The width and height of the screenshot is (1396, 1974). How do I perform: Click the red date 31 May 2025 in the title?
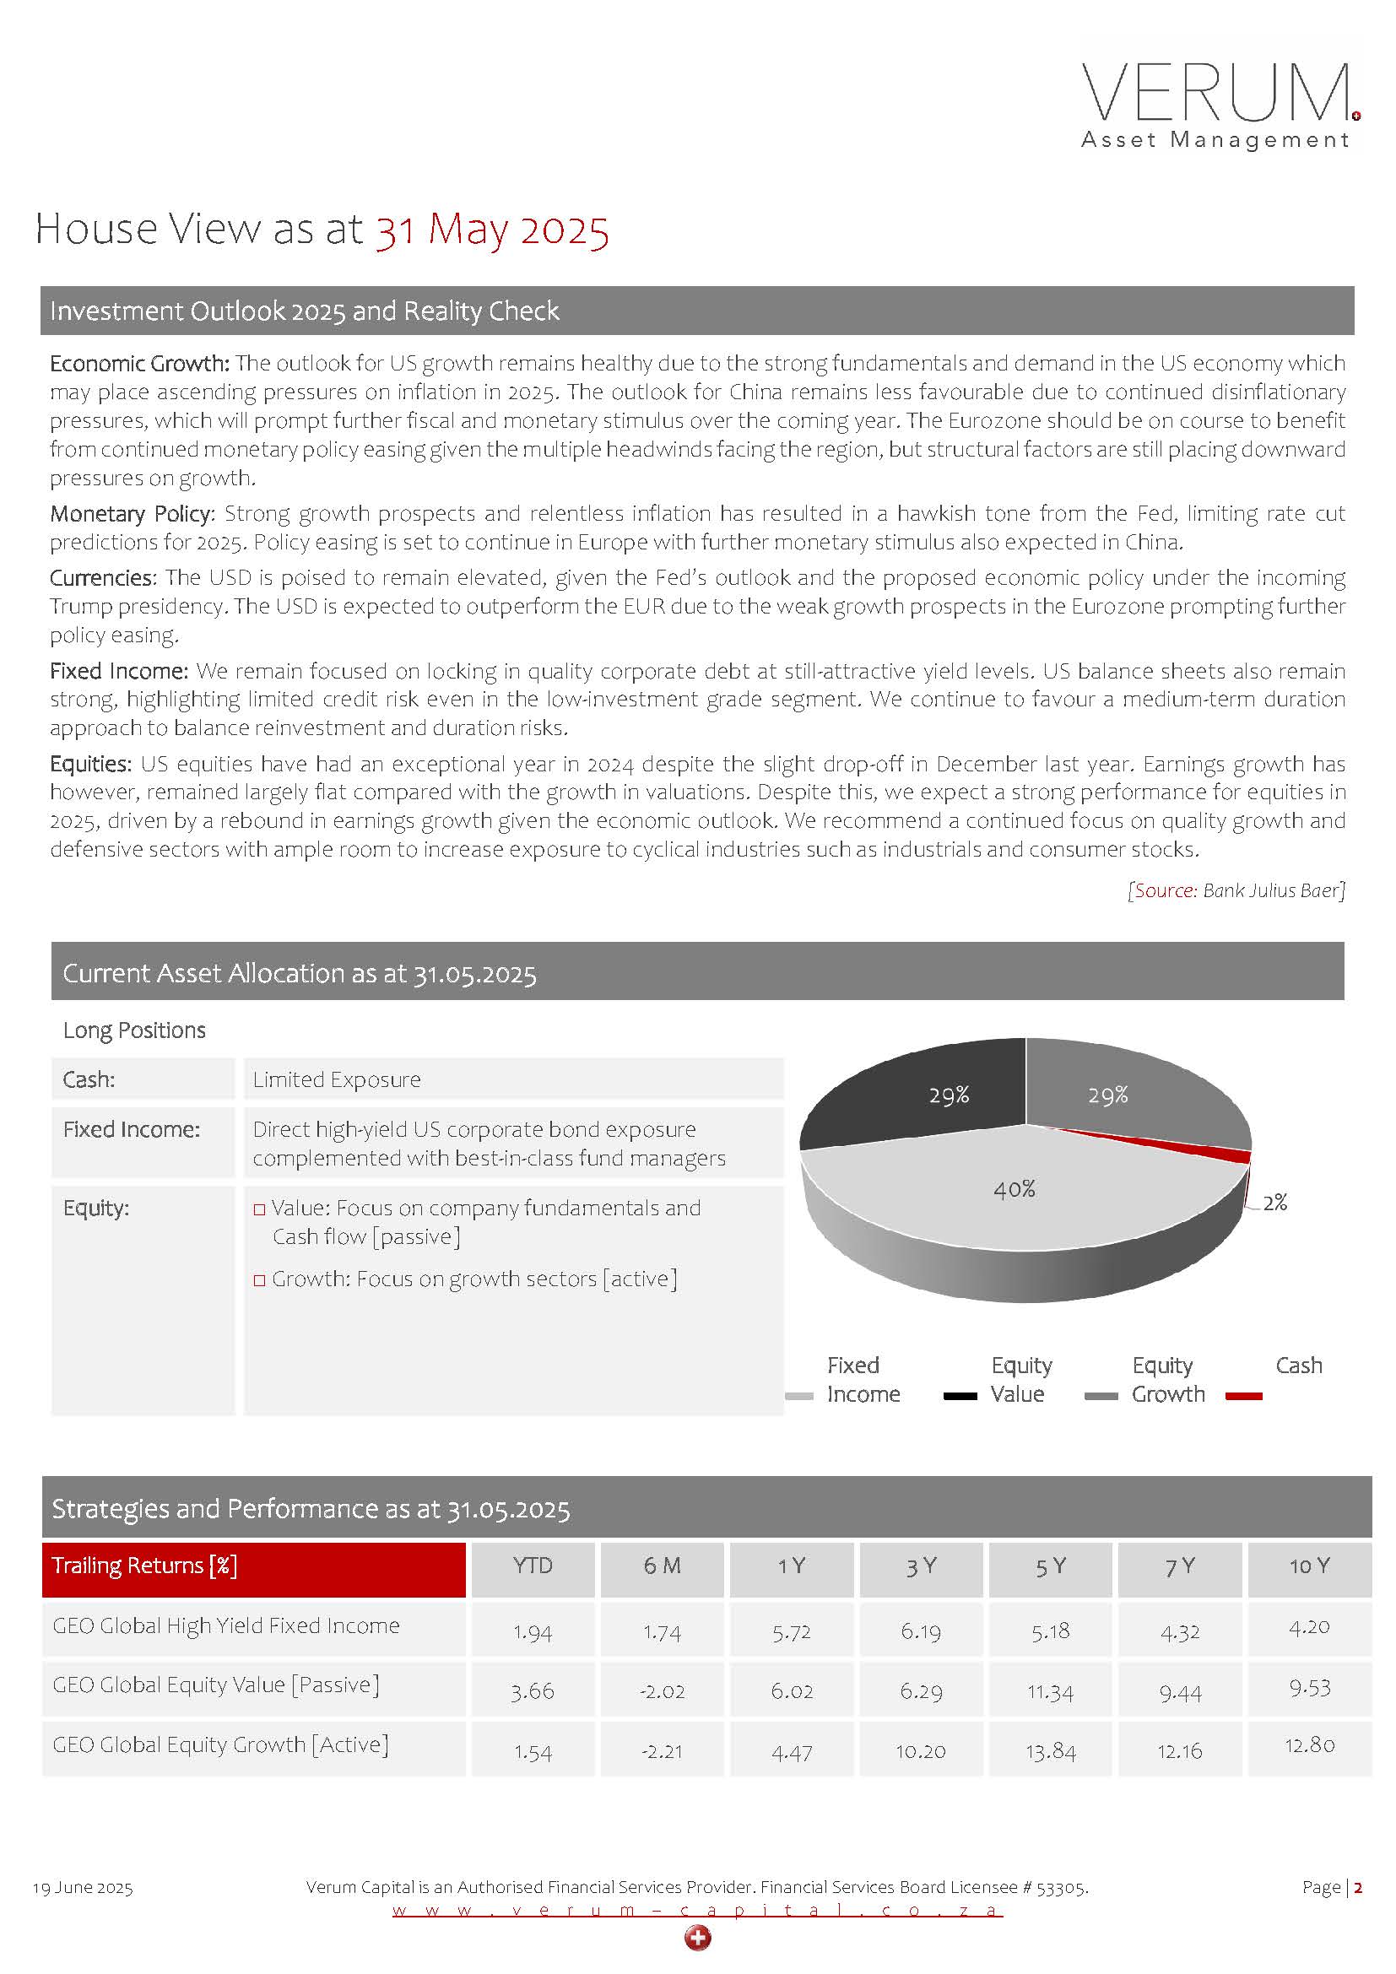[492, 230]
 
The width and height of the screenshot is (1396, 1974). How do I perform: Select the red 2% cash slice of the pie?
[1212, 1149]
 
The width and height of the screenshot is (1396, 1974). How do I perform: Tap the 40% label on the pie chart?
[1015, 1189]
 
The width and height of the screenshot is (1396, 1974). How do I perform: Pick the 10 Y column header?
[1308, 1566]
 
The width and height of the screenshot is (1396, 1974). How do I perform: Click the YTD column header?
[532, 1566]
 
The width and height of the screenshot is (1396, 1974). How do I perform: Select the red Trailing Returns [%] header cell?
[253, 1566]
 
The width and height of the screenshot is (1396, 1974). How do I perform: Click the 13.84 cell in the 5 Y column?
[1051, 1751]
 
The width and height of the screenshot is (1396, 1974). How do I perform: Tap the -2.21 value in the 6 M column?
[662, 1751]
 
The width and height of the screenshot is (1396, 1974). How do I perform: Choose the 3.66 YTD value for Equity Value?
[532, 1691]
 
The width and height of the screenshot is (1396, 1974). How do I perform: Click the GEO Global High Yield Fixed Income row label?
[226, 1625]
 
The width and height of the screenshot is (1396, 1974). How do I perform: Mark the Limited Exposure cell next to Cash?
[337, 1080]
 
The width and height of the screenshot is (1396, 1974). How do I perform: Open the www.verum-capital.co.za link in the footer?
[697, 1910]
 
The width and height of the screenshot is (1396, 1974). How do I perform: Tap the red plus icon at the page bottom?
[698, 1938]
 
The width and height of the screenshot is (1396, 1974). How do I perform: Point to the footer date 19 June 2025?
[83, 1888]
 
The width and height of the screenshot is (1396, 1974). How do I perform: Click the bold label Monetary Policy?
[132, 514]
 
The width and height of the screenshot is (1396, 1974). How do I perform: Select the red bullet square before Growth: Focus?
[260, 1280]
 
